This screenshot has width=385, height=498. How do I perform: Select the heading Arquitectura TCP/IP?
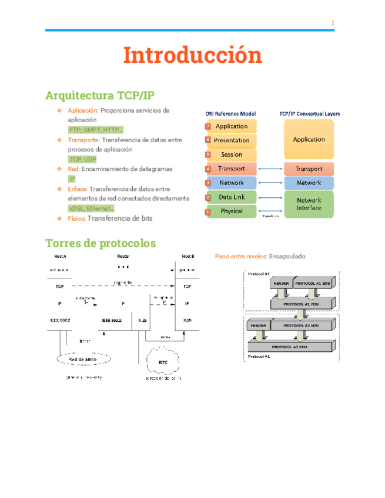pyautogui.click(x=100, y=96)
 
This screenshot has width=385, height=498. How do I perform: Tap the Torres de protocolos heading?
pyautogui.click(x=100, y=243)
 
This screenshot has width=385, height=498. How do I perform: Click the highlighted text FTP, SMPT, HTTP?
pyautogui.click(x=96, y=130)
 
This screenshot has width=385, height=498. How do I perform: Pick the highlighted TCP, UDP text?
pyautogui.click(x=82, y=159)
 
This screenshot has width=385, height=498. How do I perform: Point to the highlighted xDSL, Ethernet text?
pyautogui.click(x=91, y=208)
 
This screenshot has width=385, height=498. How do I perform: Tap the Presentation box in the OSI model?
pyautogui.click(x=232, y=140)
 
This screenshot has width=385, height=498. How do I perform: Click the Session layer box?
pyautogui.click(x=232, y=154)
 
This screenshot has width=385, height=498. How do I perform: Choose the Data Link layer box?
pyautogui.click(x=232, y=197)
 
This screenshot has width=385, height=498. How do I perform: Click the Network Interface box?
pyautogui.click(x=309, y=204)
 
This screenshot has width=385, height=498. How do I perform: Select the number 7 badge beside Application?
pyautogui.click(x=207, y=126)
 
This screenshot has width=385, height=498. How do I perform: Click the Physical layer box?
pyautogui.click(x=232, y=211)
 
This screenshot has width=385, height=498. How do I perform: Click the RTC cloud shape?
pyautogui.click(x=163, y=362)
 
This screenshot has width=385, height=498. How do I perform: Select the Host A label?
pyautogui.click(x=60, y=257)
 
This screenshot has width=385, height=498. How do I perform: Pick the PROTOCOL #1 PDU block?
pyautogui.click(x=302, y=304)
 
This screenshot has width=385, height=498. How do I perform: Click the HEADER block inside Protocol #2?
pyautogui.click(x=259, y=325)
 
